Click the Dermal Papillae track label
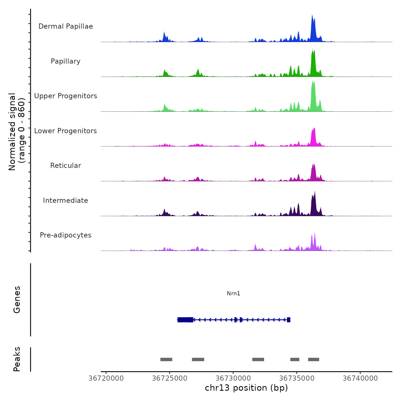[66, 26]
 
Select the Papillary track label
[66, 61]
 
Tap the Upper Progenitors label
[66, 96]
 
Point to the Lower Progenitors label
[66, 131]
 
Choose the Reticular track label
[66, 166]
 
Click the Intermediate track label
[66, 200]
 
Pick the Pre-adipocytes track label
[66, 235]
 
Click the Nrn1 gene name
[233, 293]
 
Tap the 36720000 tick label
[106, 378]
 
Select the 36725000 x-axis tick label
[170, 378]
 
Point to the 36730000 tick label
[233, 378]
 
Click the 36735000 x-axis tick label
[297, 378]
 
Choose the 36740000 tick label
[360, 378]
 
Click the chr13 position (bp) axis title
[246, 388]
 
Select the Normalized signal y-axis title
[17, 132]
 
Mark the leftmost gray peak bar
[166, 359]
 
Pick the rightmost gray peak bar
[313, 359]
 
